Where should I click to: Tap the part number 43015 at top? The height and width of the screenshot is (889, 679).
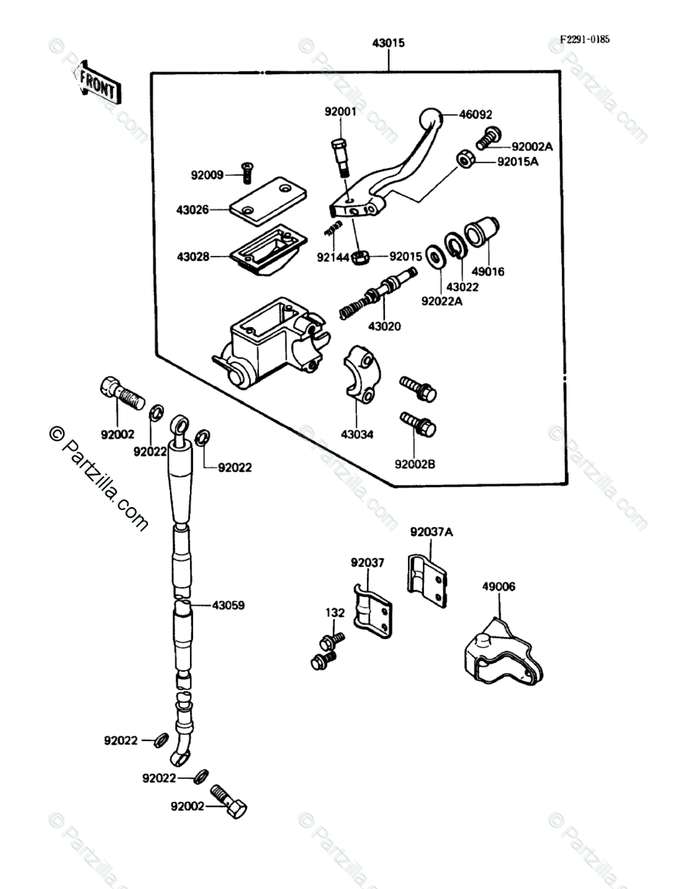pos(389,43)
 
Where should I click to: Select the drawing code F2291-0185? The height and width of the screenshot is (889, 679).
pos(585,39)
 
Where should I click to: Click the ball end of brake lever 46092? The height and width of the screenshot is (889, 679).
pos(430,120)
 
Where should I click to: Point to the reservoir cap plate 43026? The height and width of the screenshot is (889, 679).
pos(268,198)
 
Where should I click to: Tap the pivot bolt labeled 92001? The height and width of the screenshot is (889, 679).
pos(339,158)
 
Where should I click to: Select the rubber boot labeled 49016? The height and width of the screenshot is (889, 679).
pos(481,232)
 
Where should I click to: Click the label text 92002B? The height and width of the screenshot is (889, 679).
pos(415,465)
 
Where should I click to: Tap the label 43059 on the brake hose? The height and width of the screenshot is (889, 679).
pos(229,606)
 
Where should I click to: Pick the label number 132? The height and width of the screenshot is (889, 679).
pos(335,613)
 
